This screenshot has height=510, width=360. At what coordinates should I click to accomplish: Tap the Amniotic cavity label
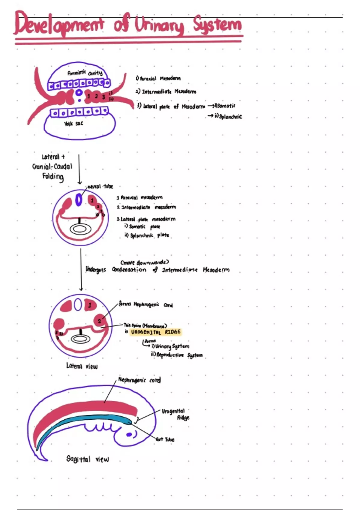point(85,73)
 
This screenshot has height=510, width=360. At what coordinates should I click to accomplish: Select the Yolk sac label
point(73,124)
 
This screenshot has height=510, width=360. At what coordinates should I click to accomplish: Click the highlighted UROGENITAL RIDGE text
point(156,332)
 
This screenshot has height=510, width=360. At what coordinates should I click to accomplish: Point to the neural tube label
point(100,187)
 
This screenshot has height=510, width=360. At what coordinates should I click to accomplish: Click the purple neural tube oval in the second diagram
point(79,200)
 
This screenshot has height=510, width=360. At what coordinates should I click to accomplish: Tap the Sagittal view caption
point(88,459)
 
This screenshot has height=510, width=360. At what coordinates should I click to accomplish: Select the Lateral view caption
point(82,366)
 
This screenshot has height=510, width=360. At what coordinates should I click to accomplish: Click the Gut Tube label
point(165,439)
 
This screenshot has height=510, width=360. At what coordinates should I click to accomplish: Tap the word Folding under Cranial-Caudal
point(53,176)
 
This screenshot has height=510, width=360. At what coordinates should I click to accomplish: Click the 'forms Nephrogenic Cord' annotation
point(146,305)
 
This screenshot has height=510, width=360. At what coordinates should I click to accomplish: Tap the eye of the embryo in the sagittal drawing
point(130,434)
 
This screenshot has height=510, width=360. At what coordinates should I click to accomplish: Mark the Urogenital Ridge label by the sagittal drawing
point(175,414)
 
